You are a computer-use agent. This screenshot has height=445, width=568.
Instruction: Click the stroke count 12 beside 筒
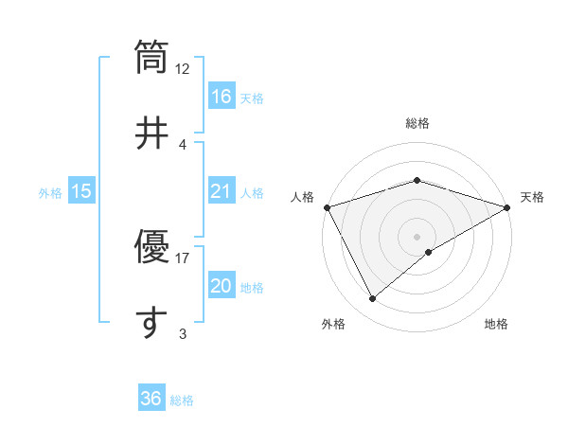183,69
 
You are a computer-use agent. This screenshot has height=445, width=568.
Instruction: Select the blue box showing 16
222,97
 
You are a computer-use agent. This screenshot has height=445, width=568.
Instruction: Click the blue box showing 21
222,191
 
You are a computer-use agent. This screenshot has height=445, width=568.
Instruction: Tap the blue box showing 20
222,286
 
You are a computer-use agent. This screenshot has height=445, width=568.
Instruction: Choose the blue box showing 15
81,191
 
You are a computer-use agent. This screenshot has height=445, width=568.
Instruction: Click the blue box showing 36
151,399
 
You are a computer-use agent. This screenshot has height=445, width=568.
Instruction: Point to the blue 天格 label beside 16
252,98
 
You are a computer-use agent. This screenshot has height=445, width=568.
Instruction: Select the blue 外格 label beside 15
50,192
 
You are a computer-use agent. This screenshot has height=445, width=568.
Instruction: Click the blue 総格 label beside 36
182,400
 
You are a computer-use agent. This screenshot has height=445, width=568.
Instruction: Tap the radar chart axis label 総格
417,123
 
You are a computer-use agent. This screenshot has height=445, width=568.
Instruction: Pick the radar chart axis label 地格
496,325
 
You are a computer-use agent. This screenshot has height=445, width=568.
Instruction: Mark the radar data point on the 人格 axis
327,207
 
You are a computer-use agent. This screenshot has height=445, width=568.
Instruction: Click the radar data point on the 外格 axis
373,299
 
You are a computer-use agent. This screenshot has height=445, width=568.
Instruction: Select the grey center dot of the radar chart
417,236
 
